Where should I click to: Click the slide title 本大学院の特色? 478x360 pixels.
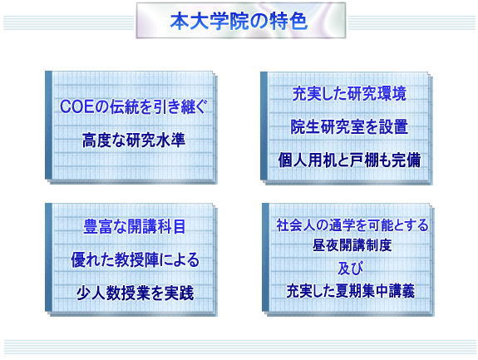(239, 22)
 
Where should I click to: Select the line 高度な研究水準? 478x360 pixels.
(134, 141)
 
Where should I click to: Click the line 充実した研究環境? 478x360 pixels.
(349, 94)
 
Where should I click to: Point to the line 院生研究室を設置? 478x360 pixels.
(349, 127)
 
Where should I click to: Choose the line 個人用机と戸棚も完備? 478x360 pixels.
(349, 160)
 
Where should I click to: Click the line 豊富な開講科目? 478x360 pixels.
(134, 227)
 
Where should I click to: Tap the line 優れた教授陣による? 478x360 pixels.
(135, 260)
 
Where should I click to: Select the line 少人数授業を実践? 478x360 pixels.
(135, 293)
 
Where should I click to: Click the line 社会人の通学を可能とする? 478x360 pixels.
(352, 225)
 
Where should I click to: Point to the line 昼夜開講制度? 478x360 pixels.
(352, 245)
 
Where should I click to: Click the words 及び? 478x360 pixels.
(350, 269)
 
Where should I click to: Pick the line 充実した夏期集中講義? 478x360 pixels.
(350, 291)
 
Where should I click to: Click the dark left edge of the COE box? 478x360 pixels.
(48, 125)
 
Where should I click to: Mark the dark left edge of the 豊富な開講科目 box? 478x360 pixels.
(48, 257)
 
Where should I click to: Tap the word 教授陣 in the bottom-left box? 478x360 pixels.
(136, 260)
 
